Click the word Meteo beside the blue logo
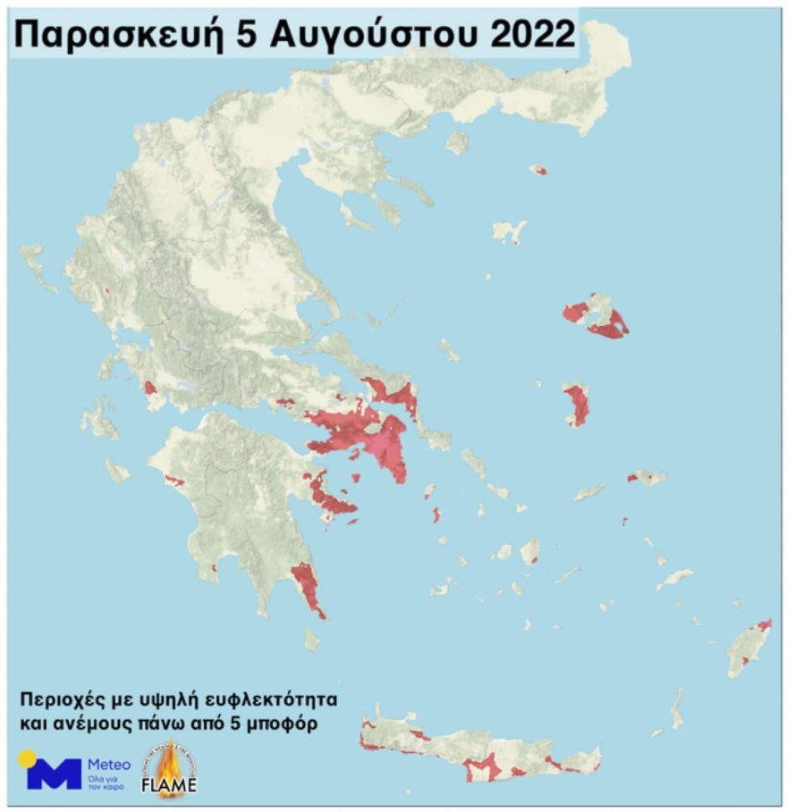(108, 765)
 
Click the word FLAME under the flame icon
(169, 786)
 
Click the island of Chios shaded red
(576, 403)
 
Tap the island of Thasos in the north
(458, 143)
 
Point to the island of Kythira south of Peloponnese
(311, 638)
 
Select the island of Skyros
(509, 231)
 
